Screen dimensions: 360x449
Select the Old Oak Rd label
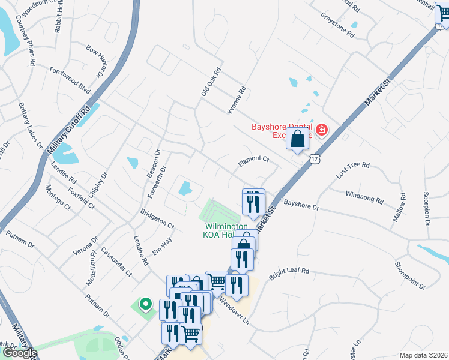pos(211,83)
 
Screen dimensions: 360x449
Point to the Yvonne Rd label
pos(237,100)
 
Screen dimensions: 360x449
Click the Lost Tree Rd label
pos(353,169)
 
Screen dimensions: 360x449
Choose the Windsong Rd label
pos(364,196)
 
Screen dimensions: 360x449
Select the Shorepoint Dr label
pos(410,275)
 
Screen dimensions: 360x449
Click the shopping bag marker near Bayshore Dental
pos(298,140)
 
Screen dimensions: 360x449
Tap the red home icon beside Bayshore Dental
pos(322,130)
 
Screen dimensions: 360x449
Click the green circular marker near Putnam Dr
pos(145,304)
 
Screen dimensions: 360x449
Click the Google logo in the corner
pos(19,353)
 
